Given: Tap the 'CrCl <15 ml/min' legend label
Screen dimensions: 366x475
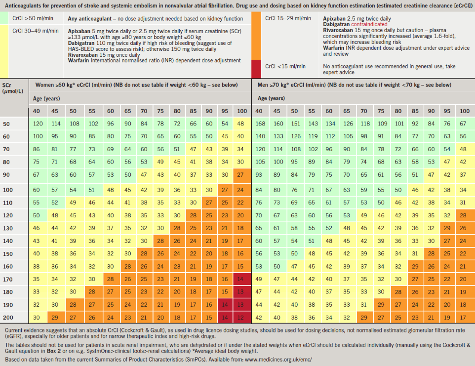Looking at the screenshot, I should [285, 66].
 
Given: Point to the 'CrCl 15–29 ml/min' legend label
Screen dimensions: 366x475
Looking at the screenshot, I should [288, 18].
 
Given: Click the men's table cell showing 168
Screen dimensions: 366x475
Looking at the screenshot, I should [259, 123].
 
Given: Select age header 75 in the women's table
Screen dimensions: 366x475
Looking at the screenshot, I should [160, 111].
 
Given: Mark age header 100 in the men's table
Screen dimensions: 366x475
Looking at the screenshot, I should [464, 111].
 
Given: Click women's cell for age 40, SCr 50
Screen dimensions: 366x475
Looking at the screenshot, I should [38, 123].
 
